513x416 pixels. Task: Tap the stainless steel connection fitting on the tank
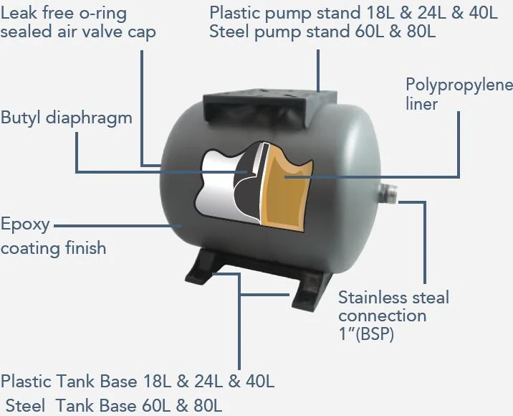tap(388, 194)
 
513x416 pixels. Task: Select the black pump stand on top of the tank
tap(270, 109)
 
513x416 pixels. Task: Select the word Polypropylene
tap(459, 86)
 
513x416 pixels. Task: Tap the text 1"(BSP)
tap(366, 334)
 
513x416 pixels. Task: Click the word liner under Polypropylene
tap(422, 104)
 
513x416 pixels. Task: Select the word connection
tap(383, 316)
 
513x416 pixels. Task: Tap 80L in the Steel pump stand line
tap(421, 32)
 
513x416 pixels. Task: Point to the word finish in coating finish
tap(86, 247)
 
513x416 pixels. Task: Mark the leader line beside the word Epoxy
tap(118, 226)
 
